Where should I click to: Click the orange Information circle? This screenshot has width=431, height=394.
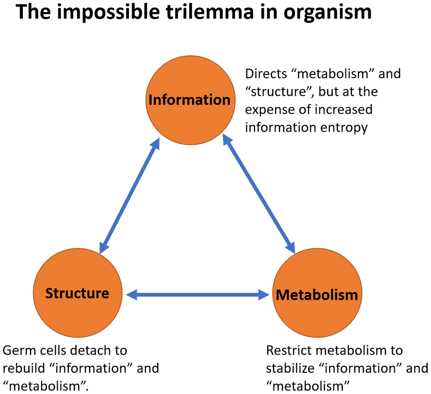[190, 100]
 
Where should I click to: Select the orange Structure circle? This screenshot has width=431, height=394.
[77, 293]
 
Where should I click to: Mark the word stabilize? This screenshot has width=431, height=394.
[291, 368]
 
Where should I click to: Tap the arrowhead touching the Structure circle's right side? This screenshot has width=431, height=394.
[131, 295]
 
